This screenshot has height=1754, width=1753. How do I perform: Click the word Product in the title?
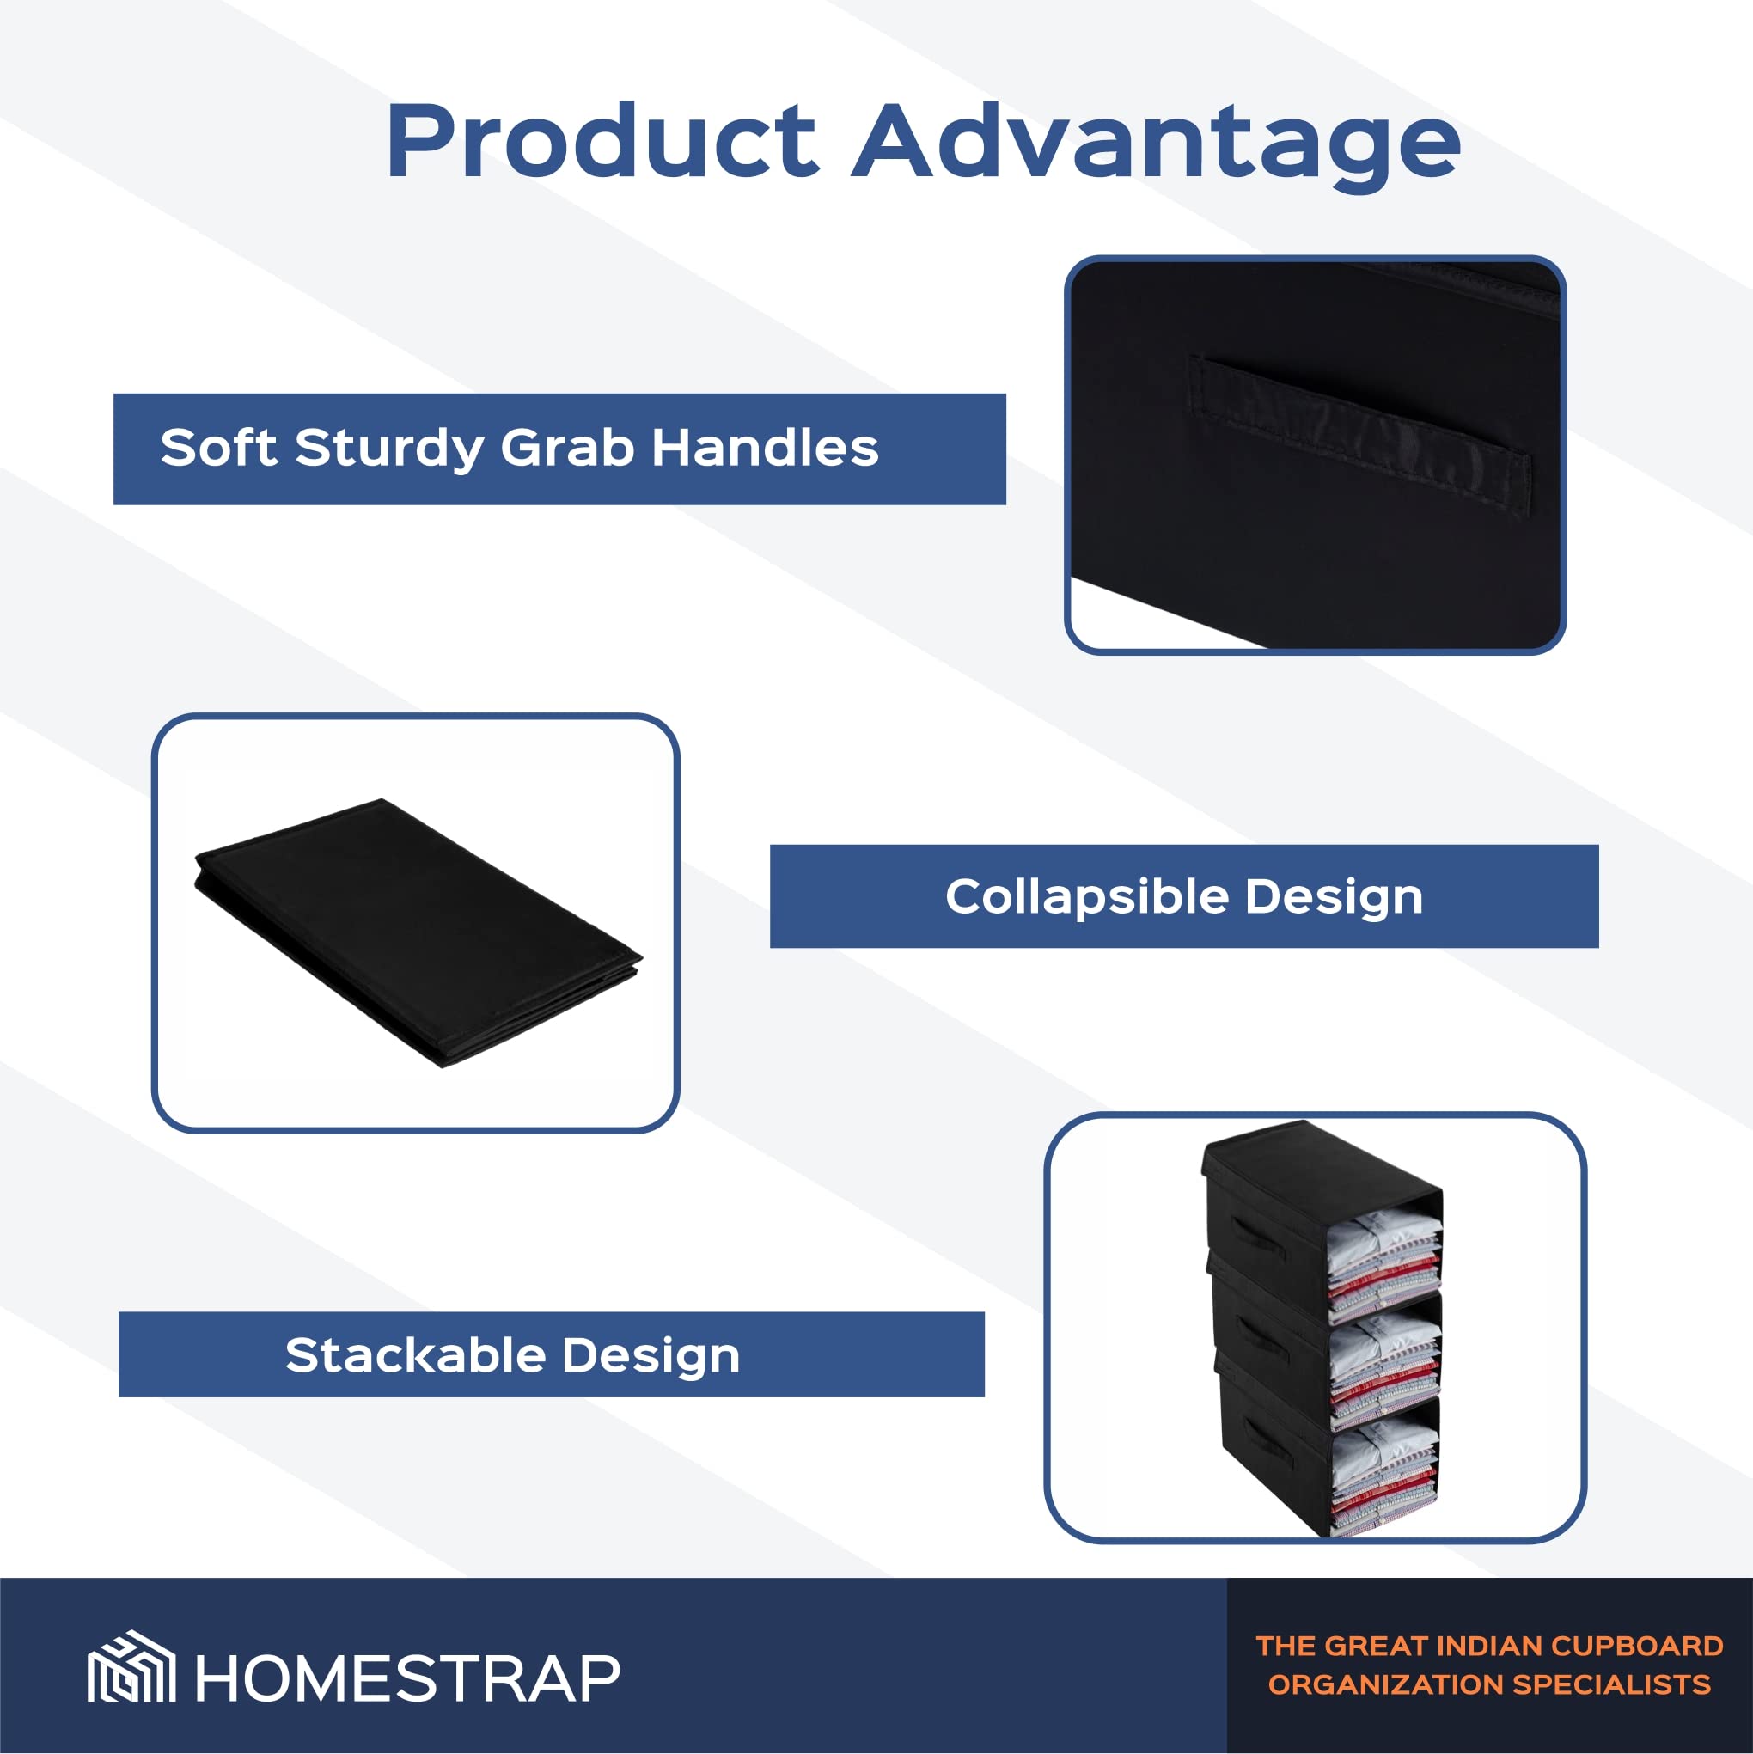[602, 143]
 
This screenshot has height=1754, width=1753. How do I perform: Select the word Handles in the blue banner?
[766, 448]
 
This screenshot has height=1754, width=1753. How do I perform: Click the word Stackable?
[416, 1355]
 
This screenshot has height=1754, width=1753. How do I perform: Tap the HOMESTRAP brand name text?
[407, 1678]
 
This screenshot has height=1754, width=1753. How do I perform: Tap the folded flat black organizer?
[418, 932]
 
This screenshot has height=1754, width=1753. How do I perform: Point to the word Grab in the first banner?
[567, 448]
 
